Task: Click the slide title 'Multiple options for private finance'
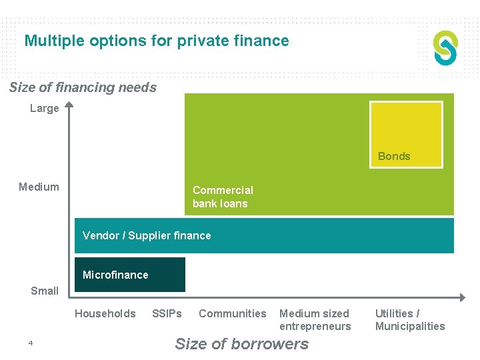(x=157, y=41)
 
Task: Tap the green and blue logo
(x=445, y=48)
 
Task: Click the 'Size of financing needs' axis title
(x=83, y=87)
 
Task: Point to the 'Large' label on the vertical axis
(x=45, y=108)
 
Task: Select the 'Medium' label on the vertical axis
(x=39, y=187)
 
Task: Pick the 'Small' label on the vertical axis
(x=45, y=291)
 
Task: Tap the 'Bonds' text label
(x=394, y=156)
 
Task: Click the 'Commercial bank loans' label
(x=223, y=197)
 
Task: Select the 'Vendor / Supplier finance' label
(x=147, y=235)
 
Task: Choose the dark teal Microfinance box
(x=129, y=275)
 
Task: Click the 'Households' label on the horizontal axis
(x=105, y=313)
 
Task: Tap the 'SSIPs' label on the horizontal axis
(x=167, y=313)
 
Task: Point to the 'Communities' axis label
(x=233, y=313)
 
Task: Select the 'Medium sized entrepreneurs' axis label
(x=315, y=319)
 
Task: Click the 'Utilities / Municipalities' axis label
(x=410, y=319)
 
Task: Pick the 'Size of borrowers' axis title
(x=241, y=344)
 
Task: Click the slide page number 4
(x=31, y=343)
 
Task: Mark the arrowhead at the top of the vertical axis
(x=68, y=105)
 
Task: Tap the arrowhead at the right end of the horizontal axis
(x=462, y=297)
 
